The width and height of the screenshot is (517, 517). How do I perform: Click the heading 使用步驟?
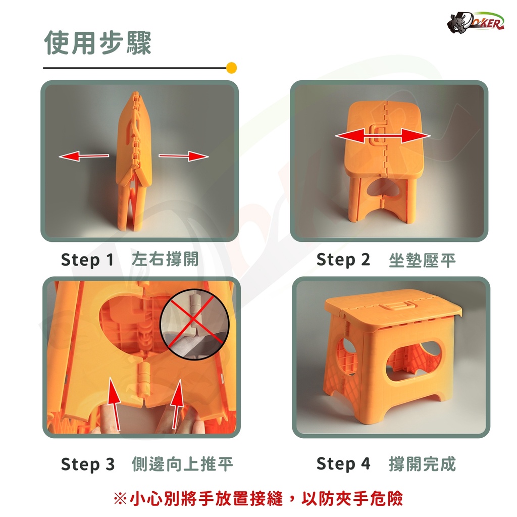[x=98, y=43]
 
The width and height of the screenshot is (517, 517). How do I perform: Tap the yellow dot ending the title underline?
[x=231, y=68]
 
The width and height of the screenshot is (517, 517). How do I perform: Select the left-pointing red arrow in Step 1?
[x=84, y=156]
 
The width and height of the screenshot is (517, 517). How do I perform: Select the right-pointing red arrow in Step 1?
[x=184, y=156]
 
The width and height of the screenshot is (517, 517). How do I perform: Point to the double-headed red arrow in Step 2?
[x=383, y=136]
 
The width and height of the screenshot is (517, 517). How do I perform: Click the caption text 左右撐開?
[x=165, y=259]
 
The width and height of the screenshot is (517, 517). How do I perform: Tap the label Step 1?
[x=87, y=260]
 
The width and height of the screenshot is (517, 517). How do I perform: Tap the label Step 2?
[x=343, y=260]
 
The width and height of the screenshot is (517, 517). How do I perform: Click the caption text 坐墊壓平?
[x=422, y=261]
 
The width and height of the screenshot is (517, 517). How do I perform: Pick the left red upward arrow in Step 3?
[x=114, y=404]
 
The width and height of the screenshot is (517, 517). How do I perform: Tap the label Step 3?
[x=88, y=464]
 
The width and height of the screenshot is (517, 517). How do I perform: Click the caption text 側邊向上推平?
[x=182, y=464]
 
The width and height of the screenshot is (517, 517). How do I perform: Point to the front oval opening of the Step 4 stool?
[x=414, y=361]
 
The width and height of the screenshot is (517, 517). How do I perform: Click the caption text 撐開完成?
[x=423, y=464]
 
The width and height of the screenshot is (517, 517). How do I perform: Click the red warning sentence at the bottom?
[x=258, y=498]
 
